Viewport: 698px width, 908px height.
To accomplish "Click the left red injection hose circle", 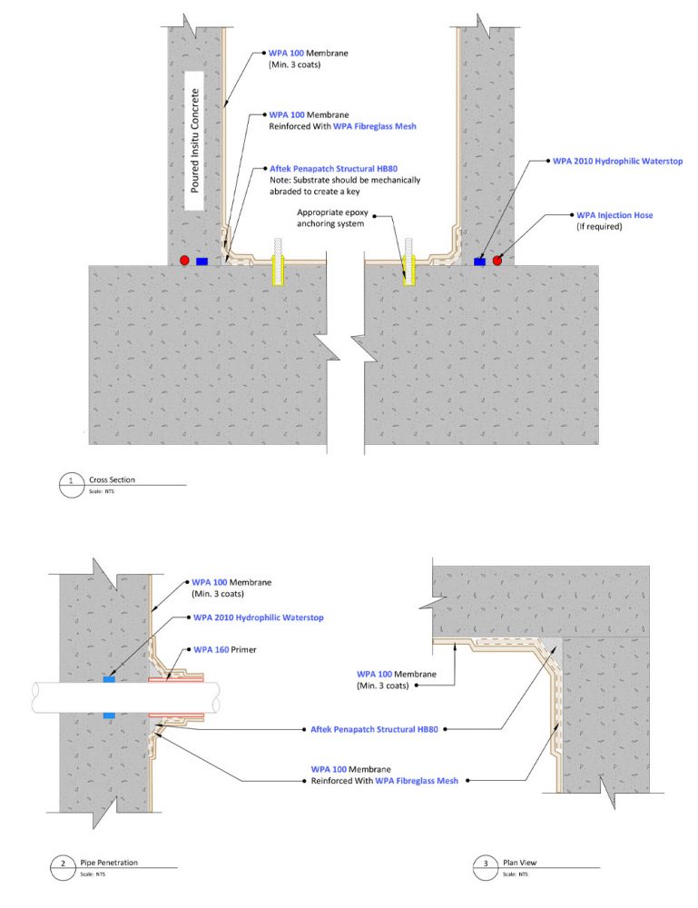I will point(184,261).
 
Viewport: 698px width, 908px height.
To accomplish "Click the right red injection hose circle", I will point(497,261).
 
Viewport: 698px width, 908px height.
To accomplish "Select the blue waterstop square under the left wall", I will point(202,261).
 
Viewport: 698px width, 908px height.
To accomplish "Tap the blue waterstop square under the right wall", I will point(479,261).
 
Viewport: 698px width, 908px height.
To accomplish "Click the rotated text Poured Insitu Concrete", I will point(194,141).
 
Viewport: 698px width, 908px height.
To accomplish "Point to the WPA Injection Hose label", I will point(614,215).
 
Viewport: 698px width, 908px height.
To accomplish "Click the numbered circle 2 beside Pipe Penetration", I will point(63,863).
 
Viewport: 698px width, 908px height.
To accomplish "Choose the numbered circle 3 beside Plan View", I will point(484,863).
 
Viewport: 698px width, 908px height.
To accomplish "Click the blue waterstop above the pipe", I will point(110,677).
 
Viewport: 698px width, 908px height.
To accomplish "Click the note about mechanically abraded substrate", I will point(345,185).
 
